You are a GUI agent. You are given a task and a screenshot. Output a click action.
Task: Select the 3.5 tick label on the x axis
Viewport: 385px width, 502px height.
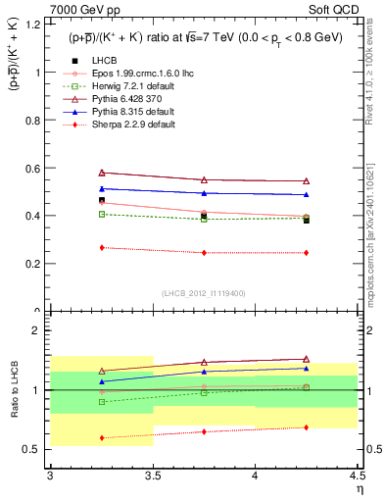(152, 476)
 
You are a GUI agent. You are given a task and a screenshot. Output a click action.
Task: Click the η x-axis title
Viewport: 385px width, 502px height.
(359, 491)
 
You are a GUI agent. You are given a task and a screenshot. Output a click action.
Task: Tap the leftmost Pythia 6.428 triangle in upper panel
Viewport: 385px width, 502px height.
(101, 173)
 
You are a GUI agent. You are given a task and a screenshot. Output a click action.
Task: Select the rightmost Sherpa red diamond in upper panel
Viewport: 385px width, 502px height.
(306, 253)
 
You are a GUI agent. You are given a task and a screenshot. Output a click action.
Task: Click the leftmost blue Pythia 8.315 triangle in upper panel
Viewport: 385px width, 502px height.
(101, 188)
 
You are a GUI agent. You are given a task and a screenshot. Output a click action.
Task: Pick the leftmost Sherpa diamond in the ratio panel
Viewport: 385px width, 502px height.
(101, 438)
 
